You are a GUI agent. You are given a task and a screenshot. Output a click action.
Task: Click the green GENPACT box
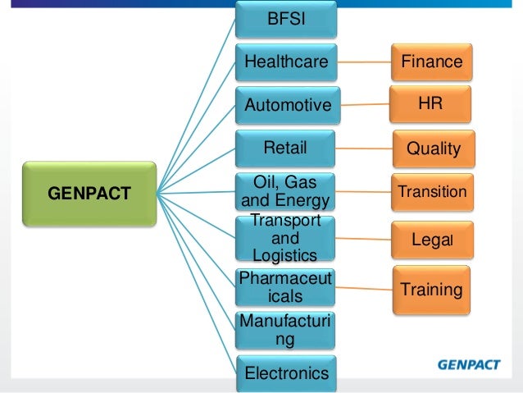tap(89, 194)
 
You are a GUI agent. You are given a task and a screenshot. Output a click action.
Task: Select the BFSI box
tap(286, 18)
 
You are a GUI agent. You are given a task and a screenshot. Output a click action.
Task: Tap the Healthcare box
tap(286, 62)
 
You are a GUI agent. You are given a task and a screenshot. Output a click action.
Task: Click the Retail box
tap(286, 149)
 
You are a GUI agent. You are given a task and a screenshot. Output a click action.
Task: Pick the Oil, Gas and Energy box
tap(286, 192)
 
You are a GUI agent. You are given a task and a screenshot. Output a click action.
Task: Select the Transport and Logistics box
tap(286, 237)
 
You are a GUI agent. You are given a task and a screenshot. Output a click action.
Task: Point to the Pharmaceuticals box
tap(286, 286)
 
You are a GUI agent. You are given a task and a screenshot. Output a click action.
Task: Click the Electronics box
tap(286, 373)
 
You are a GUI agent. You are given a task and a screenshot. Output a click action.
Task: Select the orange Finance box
tap(431, 62)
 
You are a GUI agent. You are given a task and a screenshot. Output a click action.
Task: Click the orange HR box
tap(431, 105)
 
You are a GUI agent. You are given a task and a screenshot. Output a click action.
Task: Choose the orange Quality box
tap(434, 149)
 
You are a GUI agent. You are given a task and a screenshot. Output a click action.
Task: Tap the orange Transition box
tap(432, 192)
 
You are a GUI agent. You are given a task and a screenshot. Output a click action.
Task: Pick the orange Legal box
tap(432, 240)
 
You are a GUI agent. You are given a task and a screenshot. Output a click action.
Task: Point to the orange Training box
tap(432, 289)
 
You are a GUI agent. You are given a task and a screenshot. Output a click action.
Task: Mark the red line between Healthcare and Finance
tap(364, 62)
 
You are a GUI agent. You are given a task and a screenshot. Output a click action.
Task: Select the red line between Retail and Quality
tap(365, 149)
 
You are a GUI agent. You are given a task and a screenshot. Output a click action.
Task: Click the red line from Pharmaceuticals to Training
tap(364, 287)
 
